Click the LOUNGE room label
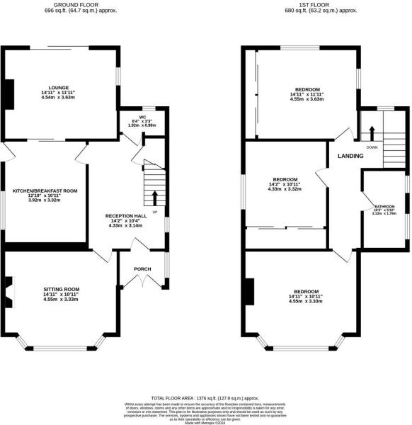[x=59, y=88]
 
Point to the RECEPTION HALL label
[x=125, y=215]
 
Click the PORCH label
[x=144, y=269]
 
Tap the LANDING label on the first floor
[x=350, y=156]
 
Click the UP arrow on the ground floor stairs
[x=154, y=195]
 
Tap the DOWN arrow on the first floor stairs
[x=372, y=133]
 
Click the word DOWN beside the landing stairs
[x=371, y=148]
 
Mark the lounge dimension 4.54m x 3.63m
[x=59, y=98]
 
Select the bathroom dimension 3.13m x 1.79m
[x=385, y=214]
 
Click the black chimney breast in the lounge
[x=9, y=94]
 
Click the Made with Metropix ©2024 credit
[x=205, y=422]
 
